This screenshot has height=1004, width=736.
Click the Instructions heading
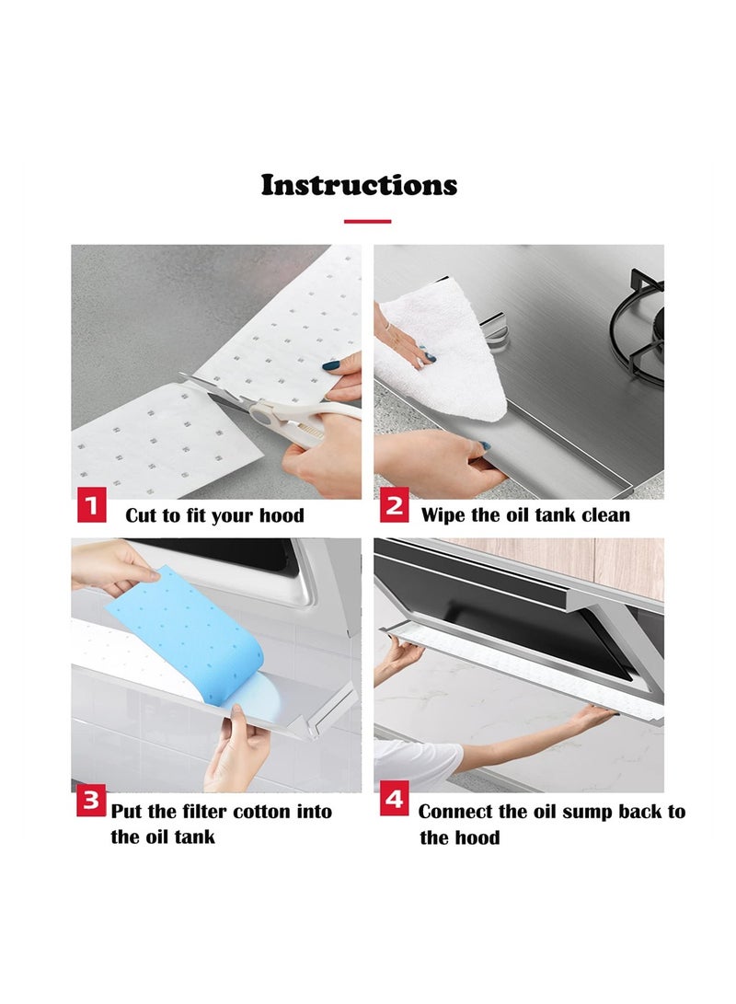pos(359,185)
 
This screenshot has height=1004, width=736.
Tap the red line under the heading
pos(367,221)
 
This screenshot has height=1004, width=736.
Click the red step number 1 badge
pos(91,507)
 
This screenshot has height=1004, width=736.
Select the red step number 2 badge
pos(395,507)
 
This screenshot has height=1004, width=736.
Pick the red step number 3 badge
pos(90,801)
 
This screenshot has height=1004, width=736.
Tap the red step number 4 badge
pos(395,800)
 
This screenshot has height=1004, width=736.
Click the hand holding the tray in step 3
pos(235,750)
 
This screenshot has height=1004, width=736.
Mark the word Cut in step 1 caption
pos(140,515)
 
